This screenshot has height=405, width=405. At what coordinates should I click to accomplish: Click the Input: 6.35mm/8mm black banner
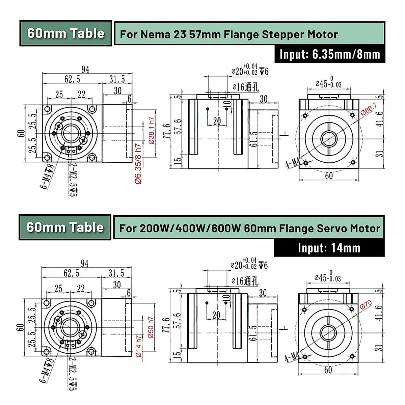coord(329,54)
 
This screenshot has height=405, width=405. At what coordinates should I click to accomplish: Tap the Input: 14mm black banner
coord(329,248)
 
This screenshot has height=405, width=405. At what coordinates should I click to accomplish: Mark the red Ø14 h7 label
coord(138,346)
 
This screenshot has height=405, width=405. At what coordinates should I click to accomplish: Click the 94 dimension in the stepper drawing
coord(85,70)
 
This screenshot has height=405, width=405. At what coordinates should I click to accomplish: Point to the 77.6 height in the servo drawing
coord(166,325)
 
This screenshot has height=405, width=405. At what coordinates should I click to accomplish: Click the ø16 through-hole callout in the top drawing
coord(245,87)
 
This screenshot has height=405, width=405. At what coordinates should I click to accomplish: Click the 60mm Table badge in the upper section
coord(66,33)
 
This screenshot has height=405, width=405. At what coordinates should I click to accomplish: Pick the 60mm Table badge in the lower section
coord(65,227)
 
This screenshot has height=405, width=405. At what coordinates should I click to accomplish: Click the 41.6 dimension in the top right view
coord(380,118)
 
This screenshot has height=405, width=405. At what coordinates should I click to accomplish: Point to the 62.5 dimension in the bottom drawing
coord(72,273)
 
